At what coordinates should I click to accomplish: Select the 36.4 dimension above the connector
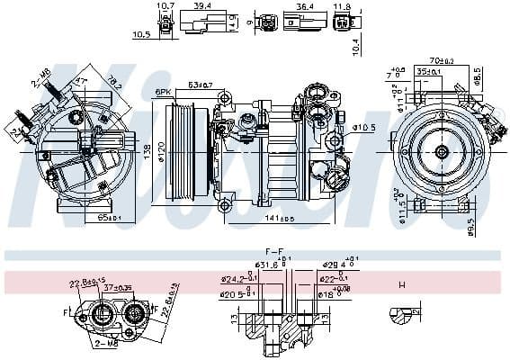pos(304,5)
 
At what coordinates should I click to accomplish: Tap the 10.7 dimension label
pos(166,6)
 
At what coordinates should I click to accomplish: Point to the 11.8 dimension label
pos(343,6)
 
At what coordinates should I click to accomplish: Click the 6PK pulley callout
pos(163,92)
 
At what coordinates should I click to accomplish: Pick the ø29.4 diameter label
pos(337,265)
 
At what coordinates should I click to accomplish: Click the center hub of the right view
pos(440,153)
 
